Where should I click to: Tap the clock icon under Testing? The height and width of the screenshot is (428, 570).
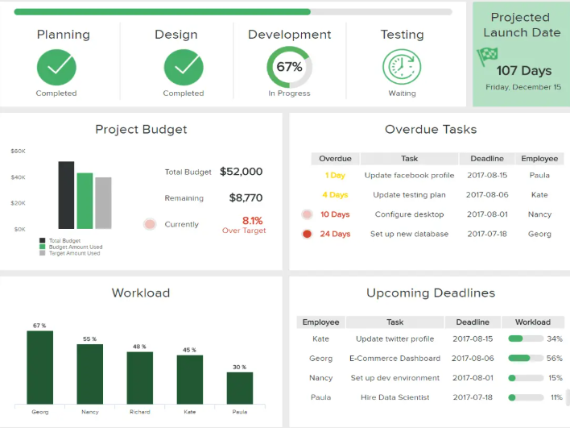tap(402, 67)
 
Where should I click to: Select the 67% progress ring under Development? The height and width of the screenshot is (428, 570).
tap(289, 67)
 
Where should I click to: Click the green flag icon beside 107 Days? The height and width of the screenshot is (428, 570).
tap(487, 56)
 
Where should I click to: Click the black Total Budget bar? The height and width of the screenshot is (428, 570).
tap(66, 195)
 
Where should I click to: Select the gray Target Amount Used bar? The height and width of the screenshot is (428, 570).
tap(103, 203)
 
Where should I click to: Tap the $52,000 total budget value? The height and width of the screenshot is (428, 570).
tap(241, 172)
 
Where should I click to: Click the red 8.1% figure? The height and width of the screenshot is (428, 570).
tap(252, 220)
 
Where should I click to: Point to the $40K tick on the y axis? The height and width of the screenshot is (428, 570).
tap(18, 177)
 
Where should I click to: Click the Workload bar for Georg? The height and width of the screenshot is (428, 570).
tap(39, 367)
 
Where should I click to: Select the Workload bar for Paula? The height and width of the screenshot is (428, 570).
tap(240, 387)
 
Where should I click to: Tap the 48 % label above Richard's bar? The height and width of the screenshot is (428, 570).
tap(139, 347)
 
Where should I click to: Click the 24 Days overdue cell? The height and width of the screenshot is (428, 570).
tap(335, 234)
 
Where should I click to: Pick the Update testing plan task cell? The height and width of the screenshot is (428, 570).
tap(409, 195)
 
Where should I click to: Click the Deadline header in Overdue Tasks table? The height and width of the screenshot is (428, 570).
tap(487, 159)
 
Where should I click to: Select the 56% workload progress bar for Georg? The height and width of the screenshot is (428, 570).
tap(524, 358)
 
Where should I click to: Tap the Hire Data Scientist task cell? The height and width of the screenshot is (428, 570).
tap(395, 397)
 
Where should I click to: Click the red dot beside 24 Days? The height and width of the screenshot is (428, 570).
tap(307, 234)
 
